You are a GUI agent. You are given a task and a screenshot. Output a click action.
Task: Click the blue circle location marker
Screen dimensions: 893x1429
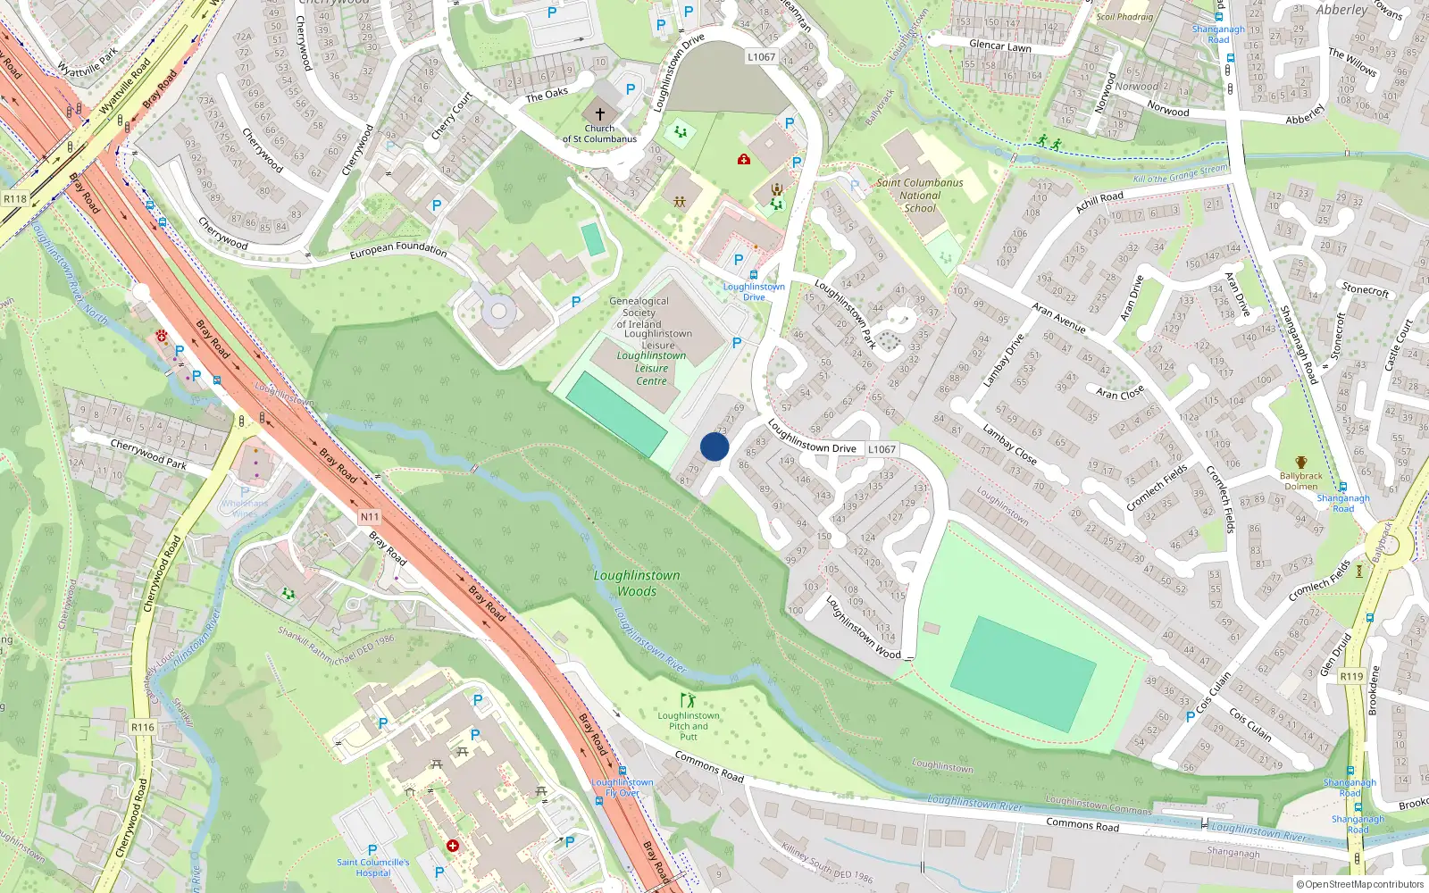coord(714,446)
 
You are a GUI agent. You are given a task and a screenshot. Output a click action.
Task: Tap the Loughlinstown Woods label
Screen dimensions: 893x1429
coord(637,583)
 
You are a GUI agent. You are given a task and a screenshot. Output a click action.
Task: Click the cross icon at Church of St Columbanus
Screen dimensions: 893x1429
coord(600,114)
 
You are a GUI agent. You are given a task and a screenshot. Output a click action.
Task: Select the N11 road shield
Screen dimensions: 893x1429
coord(370,517)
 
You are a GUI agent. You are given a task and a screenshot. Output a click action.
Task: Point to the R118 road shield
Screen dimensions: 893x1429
coord(15,199)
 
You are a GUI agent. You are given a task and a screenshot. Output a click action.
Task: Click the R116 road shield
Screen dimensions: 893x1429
coord(143,727)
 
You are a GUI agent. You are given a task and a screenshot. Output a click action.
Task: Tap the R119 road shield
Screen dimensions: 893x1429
coord(1351,676)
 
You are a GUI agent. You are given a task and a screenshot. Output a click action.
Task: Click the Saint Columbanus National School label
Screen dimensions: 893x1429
coord(920,195)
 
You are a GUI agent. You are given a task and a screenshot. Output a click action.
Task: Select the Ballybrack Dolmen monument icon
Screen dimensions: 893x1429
coord(1300,463)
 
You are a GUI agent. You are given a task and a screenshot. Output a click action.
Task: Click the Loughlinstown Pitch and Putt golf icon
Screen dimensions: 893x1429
coord(687,701)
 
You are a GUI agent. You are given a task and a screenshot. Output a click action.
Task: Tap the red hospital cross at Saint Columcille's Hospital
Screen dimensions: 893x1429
coord(453,845)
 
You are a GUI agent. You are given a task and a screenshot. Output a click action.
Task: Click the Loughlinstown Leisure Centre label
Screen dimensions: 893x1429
coord(651,368)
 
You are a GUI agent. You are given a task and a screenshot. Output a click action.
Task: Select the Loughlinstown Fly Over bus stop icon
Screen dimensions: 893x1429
coord(623,771)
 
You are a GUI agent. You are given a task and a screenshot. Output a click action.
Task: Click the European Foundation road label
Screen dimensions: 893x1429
coord(398,249)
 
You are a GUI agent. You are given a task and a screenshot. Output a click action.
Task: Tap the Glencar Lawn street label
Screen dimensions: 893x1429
coord(1000,46)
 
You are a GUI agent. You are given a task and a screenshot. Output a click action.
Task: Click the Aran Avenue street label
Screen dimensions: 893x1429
coord(1058,318)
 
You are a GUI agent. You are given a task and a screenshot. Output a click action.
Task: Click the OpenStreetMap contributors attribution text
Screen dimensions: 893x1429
coord(1360,885)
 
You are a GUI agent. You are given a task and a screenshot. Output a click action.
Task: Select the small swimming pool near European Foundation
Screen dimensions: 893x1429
coord(592,239)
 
